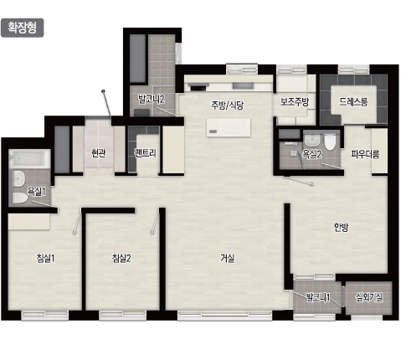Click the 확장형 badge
[23, 28]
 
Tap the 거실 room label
[228, 258]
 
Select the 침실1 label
[45, 258]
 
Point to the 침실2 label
[121, 258]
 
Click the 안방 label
[341, 228]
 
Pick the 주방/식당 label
[228, 105]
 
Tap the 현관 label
[99, 153]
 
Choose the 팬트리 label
[145, 153]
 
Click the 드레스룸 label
[353, 101]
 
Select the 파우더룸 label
[365, 154]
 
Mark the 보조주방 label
[295, 101]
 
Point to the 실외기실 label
[369, 297]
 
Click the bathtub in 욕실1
[29, 159]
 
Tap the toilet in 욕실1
[19, 198]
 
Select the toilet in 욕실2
[330, 142]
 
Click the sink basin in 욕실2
[311, 140]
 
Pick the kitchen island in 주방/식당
[229, 128]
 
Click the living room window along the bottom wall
[225, 316]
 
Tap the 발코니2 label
[152, 99]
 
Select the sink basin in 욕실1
[18, 178]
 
